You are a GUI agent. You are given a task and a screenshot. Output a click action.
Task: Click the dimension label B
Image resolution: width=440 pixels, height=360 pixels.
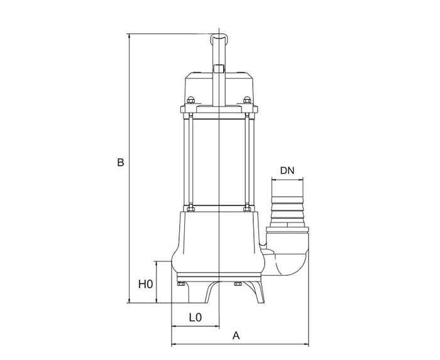121,162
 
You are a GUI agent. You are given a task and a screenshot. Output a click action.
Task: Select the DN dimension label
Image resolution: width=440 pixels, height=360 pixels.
287,170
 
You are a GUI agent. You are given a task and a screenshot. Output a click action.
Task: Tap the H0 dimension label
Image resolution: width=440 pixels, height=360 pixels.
145,285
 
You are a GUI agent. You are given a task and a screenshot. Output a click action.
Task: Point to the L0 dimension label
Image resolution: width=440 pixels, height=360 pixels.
195,317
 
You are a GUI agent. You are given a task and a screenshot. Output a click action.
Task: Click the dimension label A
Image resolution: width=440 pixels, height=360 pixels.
236,335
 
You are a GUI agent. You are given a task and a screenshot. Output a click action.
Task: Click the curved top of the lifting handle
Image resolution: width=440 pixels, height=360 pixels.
219,36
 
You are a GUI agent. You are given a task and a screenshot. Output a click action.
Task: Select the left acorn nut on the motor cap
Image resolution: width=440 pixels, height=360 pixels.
191,100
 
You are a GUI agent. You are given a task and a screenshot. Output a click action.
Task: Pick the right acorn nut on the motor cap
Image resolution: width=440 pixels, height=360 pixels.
247,100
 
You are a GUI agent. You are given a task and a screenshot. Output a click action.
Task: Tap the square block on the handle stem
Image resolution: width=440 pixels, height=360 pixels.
219,68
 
